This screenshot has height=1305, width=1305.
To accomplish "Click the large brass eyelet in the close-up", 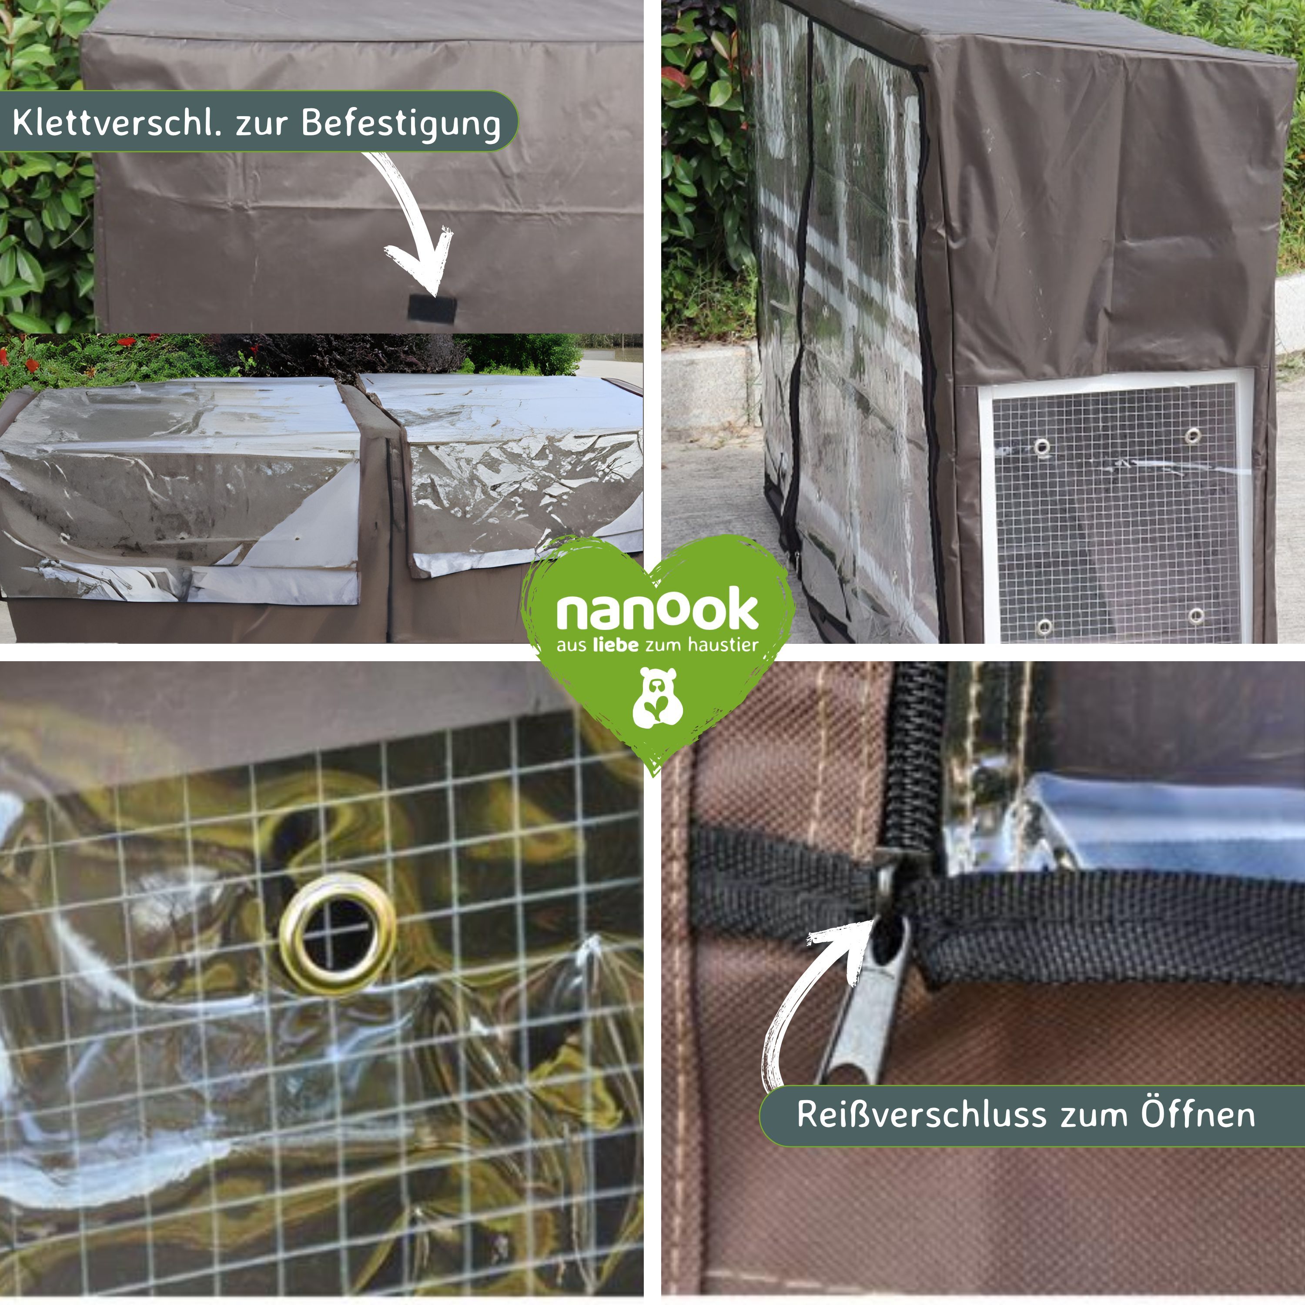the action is click(338, 934).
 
